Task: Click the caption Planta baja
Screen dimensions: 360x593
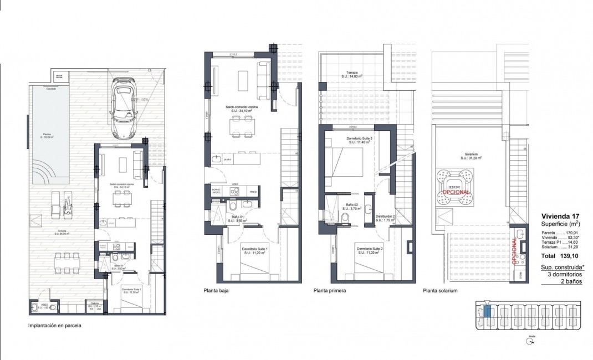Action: pyautogui.click(x=216, y=290)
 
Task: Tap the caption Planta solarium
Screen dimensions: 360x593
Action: pyautogui.click(x=440, y=290)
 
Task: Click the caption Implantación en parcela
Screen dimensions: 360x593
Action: pyautogui.click(x=54, y=326)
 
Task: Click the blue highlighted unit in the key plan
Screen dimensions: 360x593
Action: pyautogui.click(x=487, y=311)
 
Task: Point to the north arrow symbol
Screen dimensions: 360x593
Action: pyautogui.click(x=531, y=342)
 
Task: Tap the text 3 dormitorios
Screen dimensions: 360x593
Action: pyautogui.click(x=566, y=275)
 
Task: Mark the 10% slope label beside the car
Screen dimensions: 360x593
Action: pyautogui.click(x=146, y=99)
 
